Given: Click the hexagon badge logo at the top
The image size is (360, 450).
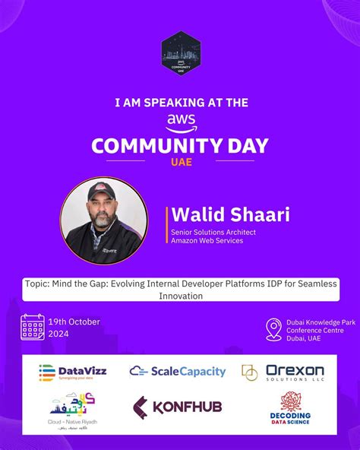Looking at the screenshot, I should tap(180, 55).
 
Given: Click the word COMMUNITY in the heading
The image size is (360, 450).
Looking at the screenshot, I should tap(154, 145).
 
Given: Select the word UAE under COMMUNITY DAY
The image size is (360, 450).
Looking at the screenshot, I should tap(180, 161).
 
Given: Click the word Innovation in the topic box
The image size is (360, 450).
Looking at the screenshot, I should tap(180, 296).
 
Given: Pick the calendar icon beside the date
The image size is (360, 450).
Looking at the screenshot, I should tap(33, 327).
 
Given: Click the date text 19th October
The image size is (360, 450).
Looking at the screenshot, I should tap(74, 322).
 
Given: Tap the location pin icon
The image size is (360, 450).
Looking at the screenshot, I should tap(273, 329).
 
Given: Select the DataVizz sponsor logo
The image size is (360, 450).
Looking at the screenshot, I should tap(73, 372).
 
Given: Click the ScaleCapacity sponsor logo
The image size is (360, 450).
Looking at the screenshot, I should tap(178, 372).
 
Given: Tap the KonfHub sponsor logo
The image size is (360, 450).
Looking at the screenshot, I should tap(178, 407).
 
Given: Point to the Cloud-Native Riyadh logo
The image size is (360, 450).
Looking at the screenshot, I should tap(73, 410).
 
